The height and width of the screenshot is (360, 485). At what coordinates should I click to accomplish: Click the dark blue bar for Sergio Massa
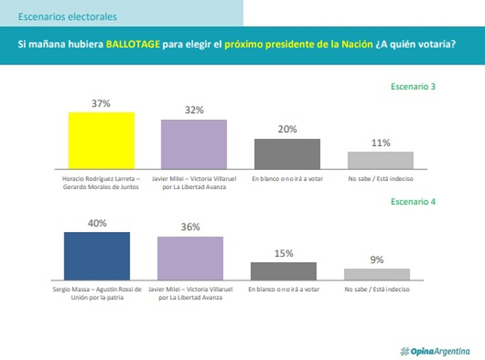coord(97,255)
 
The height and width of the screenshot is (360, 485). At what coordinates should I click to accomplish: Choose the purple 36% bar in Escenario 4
coord(190,257)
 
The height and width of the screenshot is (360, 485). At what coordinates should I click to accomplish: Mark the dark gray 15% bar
coord(283,270)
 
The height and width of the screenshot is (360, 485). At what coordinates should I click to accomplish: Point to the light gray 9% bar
coord(377,273)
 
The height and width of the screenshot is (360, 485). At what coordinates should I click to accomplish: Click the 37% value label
coord(101,103)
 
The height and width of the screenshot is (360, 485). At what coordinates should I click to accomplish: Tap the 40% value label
coord(97,223)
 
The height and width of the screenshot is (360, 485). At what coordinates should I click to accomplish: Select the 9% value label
coord(377,260)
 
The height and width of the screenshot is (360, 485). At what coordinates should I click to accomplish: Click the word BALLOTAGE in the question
coord(133,45)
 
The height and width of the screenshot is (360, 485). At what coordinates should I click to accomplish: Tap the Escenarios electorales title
coord(67,16)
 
